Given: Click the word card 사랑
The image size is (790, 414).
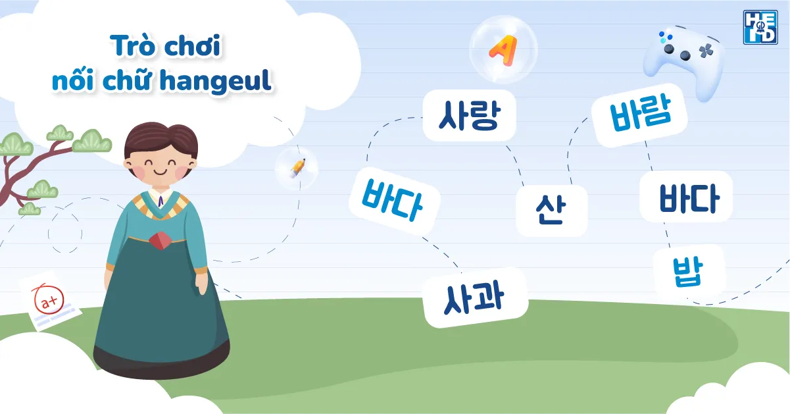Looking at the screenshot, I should (x=469, y=115).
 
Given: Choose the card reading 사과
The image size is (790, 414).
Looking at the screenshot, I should (x=475, y=297).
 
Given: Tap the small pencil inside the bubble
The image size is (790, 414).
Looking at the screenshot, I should (x=297, y=168).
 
